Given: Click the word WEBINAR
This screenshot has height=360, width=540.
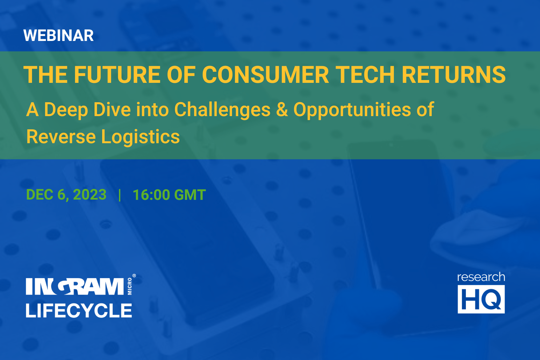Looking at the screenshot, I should [x=58, y=35].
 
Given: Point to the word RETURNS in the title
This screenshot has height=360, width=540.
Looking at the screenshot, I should [x=454, y=75].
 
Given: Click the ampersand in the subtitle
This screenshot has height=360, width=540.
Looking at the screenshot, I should [x=282, y=110].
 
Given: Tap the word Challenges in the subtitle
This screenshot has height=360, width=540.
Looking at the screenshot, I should [x=222, y=110].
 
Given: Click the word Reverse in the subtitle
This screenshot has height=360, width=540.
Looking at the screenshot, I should [x=61, y=137].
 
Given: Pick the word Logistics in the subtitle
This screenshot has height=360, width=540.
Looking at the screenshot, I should [x=140, y=137].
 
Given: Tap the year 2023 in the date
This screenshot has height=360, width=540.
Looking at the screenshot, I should [x=90, y=195].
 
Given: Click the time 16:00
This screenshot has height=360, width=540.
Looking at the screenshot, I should [x=151, y=195].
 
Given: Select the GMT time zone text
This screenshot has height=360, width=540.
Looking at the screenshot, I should [x=190, y=195].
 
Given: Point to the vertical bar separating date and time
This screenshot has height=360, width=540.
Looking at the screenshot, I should [x=120, y=195].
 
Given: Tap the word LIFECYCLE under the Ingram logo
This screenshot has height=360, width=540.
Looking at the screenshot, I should [x=79, y=310].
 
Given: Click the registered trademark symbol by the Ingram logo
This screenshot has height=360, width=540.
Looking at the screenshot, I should [x=134, y=276].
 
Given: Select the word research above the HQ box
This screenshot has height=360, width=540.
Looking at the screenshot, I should [x=481, y=277].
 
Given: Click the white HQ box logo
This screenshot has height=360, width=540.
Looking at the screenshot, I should [x=481, y=299].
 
